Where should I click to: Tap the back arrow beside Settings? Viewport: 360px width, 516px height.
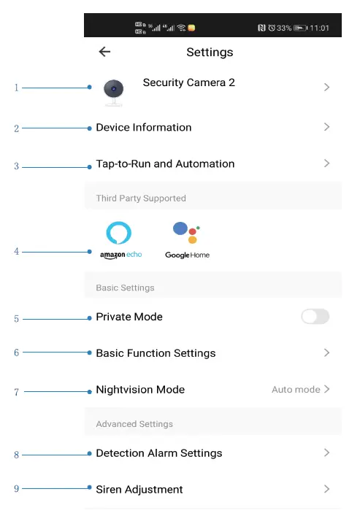tap(104, 52)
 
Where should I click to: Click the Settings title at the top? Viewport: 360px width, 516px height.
tap(210, 52)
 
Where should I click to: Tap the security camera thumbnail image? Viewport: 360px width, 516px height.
tap(113, 91)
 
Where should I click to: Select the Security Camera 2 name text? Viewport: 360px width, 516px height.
tap(188, 82)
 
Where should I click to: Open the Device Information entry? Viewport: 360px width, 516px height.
tap(144, 128)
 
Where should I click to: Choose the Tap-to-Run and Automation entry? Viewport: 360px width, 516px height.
tap(165, 164)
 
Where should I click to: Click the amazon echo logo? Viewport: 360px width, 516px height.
tap(120, 241)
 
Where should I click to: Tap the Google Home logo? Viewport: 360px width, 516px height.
tap(187, 241)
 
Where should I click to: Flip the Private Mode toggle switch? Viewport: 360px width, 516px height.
tap(315, 317)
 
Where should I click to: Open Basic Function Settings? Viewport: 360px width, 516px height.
tap(156, 353)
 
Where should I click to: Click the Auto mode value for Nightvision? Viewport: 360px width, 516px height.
tap(296, 390)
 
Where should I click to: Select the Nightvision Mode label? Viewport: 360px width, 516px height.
tap(140, 390)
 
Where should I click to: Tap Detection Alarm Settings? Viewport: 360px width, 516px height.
tap(158, 453)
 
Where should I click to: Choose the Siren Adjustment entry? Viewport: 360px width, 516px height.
tap(139, 490)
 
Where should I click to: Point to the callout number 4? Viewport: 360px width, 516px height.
tap(16, 252)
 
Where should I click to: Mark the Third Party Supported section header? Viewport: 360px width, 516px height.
tap(141, 199)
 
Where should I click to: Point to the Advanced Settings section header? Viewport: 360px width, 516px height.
tap(134, 424)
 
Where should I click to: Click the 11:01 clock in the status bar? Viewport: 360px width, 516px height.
tap(319, 28)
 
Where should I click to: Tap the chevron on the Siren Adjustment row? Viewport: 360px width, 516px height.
tap(326, 489)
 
